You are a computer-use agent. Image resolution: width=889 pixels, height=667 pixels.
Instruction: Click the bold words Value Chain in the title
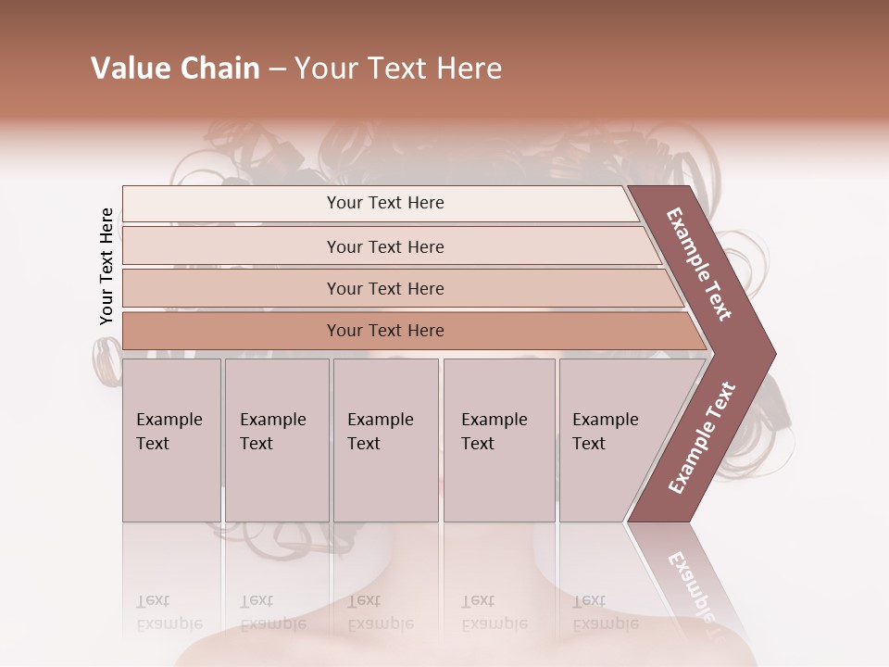[x=175, y=69]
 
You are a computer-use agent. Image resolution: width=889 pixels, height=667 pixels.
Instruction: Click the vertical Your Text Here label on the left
[x=106, y=266]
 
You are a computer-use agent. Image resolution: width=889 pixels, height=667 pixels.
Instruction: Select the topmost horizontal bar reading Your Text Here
[x=384, y=203]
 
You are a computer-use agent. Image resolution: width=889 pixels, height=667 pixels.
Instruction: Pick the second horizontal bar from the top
[x=384, y=246]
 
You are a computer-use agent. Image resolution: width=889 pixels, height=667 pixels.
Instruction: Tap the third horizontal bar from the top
[x=384, y=288]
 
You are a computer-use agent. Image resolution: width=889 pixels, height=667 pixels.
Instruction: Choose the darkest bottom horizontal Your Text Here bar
[x=384, y=331]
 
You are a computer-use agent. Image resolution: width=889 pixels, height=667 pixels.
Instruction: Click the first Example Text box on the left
[x=171, y=440]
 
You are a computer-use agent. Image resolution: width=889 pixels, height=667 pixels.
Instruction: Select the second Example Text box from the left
[x=276, y=440]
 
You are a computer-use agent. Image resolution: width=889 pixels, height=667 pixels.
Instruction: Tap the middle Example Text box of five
[x=385, y=440]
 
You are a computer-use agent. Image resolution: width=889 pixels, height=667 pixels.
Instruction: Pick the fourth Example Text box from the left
[x=498, y=440]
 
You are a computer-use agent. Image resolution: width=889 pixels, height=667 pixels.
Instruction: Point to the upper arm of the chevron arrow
[x=700, y=265]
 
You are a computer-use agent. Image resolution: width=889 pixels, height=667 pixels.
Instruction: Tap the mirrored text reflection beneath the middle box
[x=379, y=612]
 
